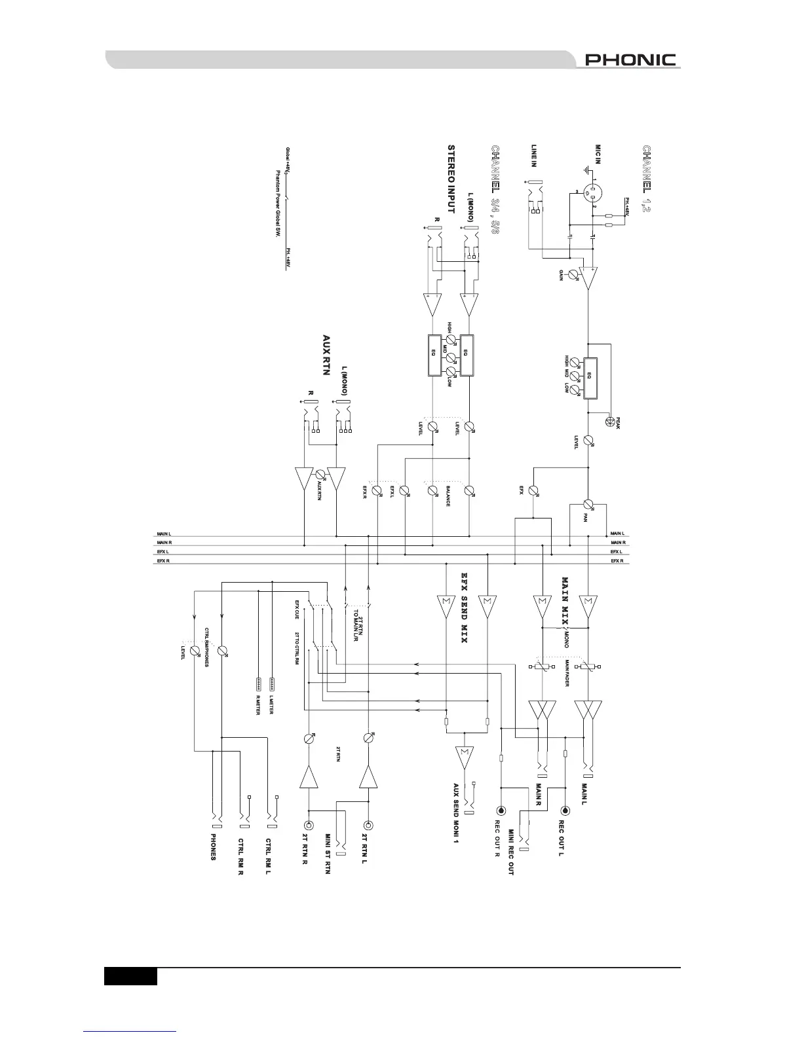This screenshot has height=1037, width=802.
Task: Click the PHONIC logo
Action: click(x=630, y=60)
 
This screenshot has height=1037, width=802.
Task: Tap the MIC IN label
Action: click(x=598, y=156)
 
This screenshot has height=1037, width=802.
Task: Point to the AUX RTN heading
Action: click(x=326, y=355)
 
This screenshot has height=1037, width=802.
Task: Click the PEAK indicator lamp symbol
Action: click(x=610, y=422)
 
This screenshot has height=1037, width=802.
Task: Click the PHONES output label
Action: click(x=213, y=847)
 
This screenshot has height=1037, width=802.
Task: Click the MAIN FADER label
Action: click(x=566, y=672)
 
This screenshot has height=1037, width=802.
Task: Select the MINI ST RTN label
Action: click(x=328, y=854)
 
